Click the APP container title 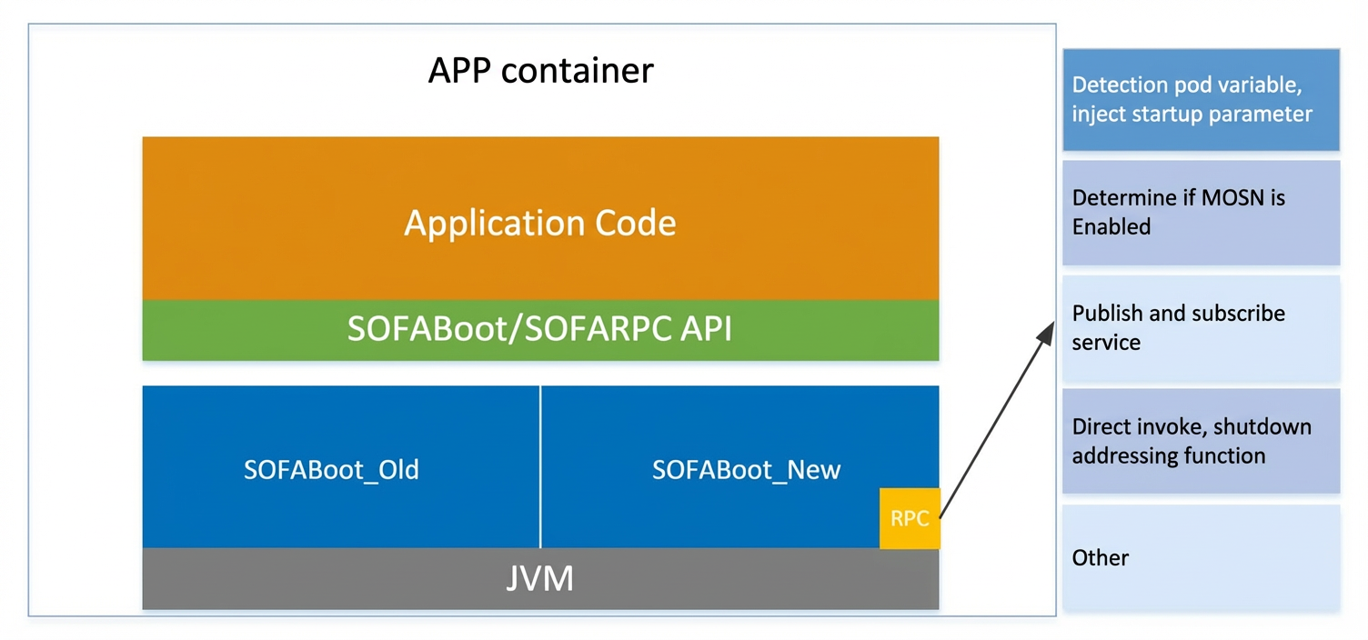(x=540, y=71)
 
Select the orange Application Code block (x=540, y=218)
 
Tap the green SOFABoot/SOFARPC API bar (x=540, y=330)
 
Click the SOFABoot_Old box (x=341, y=466)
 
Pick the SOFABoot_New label (x=746, y=470)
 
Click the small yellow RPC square (x=910, y=518)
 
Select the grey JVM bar (x=540, y=578)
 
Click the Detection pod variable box (x=1201, y=99)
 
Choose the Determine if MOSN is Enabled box (x=1201, y=213)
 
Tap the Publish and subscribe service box (x=1201, y=328)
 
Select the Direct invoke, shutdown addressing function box (x=1201, y=441)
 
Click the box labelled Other (x=1201, y=557)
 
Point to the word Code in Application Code (x=635, y=223)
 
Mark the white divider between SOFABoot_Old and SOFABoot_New (x=540, y=466)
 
